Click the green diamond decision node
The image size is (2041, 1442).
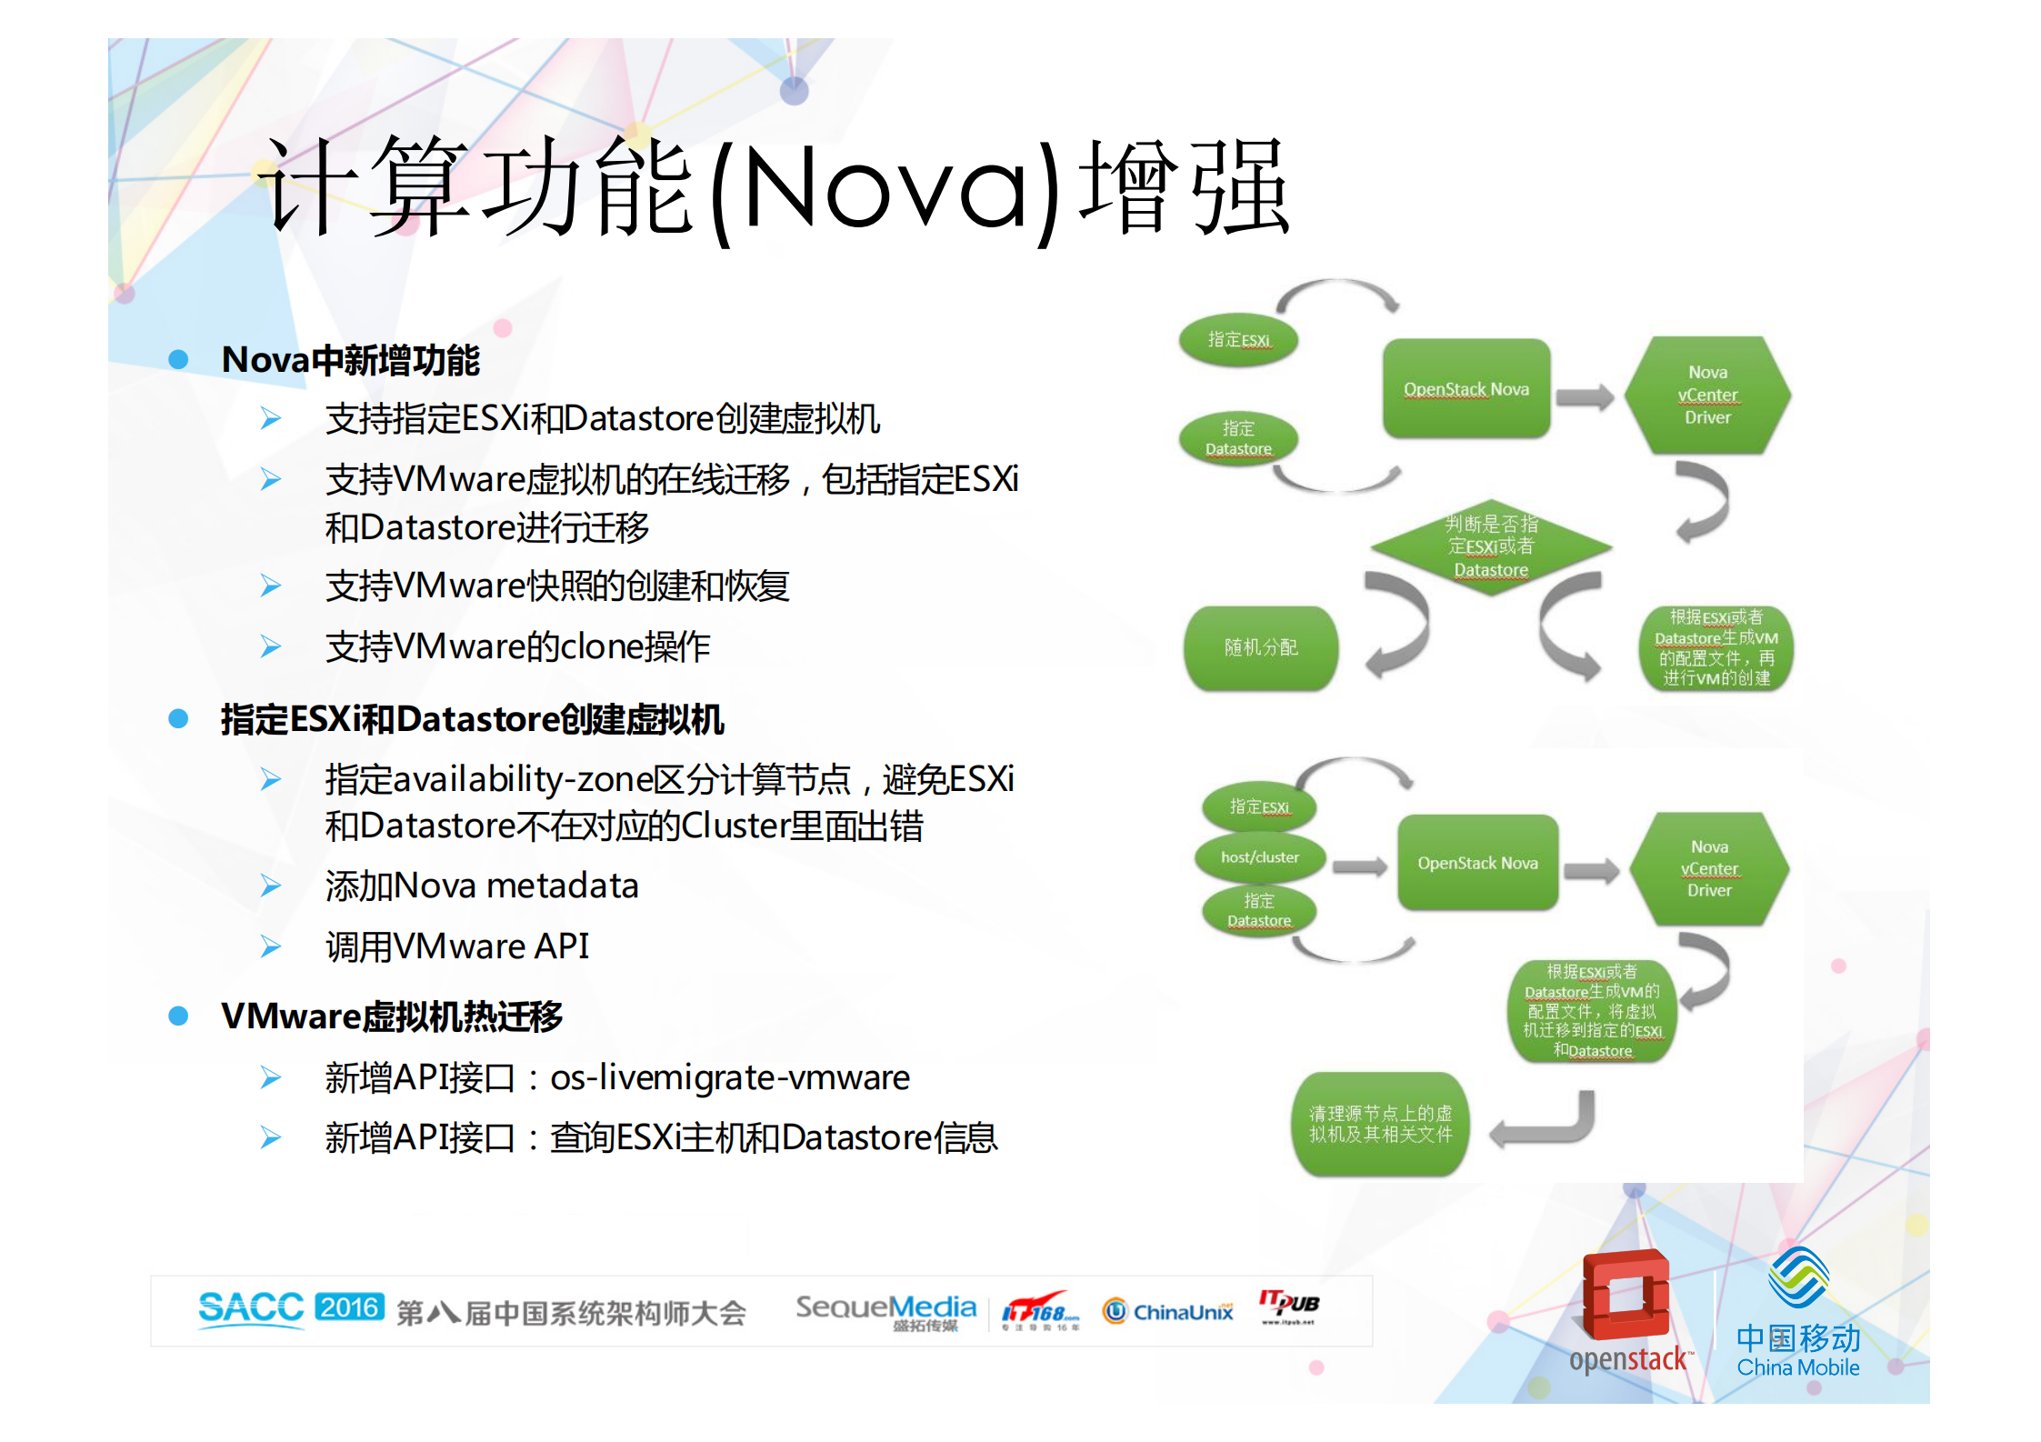tap(1491, 547)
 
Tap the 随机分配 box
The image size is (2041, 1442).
tap(1261, 647)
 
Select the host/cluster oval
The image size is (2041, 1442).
tap(1259, 857)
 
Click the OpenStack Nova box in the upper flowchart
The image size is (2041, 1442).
tap(1466, 389)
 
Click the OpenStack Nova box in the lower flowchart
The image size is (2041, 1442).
tap(1477, 863)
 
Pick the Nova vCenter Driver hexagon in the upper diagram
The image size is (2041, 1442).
tap(1707, 395)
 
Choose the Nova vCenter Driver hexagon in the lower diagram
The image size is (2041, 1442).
tap(1709, 868)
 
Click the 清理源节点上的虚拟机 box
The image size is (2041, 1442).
tap(1380, 1124)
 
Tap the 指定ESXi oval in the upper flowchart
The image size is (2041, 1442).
tap(1238, 340)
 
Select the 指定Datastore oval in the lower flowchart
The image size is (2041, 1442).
tap(1259, 910)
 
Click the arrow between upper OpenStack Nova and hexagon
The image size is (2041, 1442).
tap(1585, 396)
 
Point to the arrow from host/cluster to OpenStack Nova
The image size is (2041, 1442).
tap(1359, 866)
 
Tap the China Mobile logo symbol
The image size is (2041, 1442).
tap(1797, 1277)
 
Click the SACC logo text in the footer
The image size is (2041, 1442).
tap(251, 1308)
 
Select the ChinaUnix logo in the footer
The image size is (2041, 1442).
tap(1168, 1311)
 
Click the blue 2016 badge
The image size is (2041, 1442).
tap(350, 1307)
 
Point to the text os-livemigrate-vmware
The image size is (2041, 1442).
tap(729, 1077)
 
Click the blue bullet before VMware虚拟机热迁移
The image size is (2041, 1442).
tap(178, 1016)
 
